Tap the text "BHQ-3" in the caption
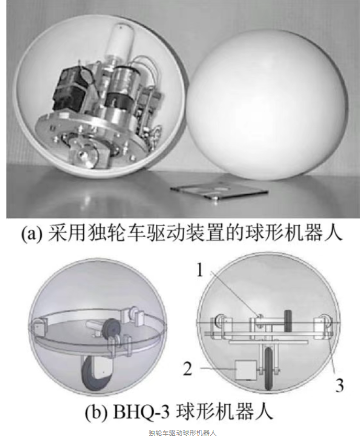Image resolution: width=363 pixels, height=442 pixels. tap(141, 412)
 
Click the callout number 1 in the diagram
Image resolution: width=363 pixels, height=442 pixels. tap(200, 270)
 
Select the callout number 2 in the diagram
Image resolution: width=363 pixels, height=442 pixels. tap(188, 367)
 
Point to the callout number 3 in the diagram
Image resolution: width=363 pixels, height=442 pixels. tap(339, 384)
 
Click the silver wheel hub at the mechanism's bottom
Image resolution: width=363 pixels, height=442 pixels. tap(85, 154)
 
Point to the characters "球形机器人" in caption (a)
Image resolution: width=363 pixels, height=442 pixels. tap(296, 234)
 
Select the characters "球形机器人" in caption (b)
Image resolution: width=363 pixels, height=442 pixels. tap(225, 412)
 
